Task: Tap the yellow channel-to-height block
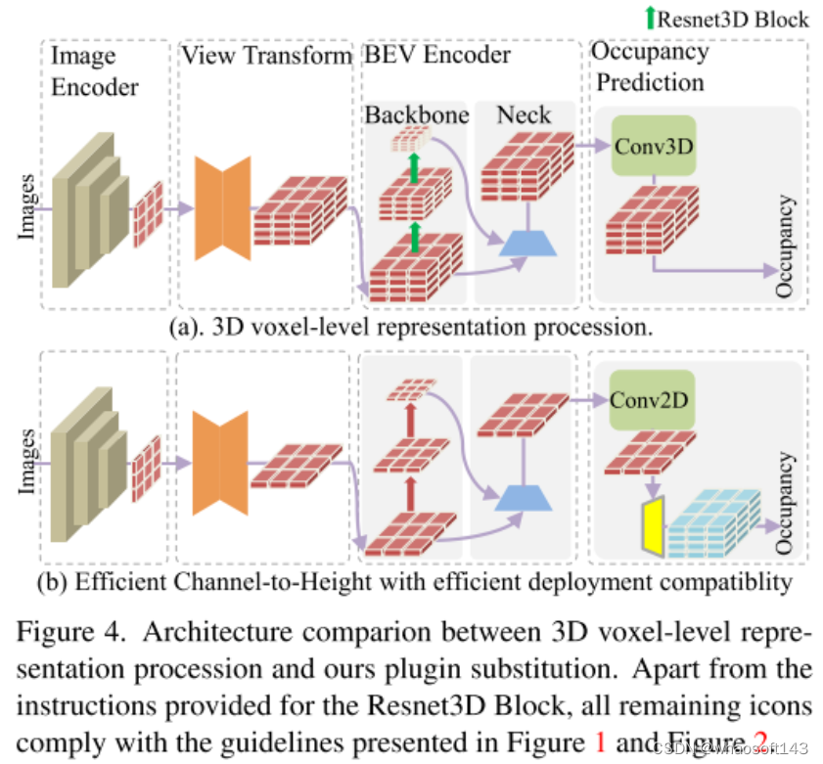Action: (653, 524)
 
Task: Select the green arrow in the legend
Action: (651, 18)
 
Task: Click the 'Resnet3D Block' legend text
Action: (734, 19)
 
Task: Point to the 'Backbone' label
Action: (417, 115)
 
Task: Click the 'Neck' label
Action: (524, 115)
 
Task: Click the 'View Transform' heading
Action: (266, 56)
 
